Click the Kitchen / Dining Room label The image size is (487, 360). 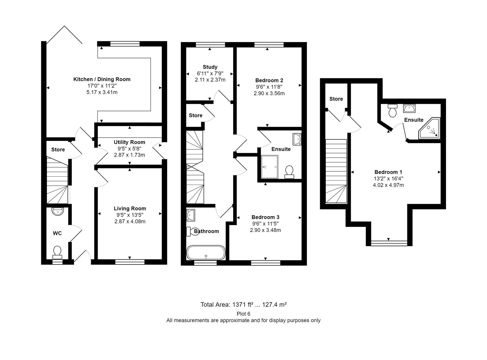point(102,79)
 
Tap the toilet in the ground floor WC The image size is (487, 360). point(57,253)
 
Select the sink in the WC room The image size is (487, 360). point(58,211)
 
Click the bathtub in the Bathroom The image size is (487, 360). point(206,253)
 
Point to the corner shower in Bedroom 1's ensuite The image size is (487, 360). point(429,128)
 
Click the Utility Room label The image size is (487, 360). point(129,142)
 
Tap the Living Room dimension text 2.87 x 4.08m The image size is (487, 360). point(130,221)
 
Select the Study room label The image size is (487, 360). point(210,67)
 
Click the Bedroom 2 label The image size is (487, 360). point(269,80)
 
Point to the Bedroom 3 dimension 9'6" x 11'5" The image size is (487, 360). point(265,224)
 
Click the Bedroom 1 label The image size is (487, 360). point(388,172)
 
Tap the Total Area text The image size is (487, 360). point(243,305)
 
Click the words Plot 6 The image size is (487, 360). point(243,314)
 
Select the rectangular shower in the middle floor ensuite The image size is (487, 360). point(269,167)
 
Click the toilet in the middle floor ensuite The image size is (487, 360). point(289,172)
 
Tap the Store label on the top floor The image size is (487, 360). point(336,99)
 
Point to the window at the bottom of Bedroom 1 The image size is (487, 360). point(389,243)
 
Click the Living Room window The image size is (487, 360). point(130,262)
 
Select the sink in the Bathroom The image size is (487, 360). point(191,215)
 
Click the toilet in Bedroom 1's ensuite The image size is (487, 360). point(392,110)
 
